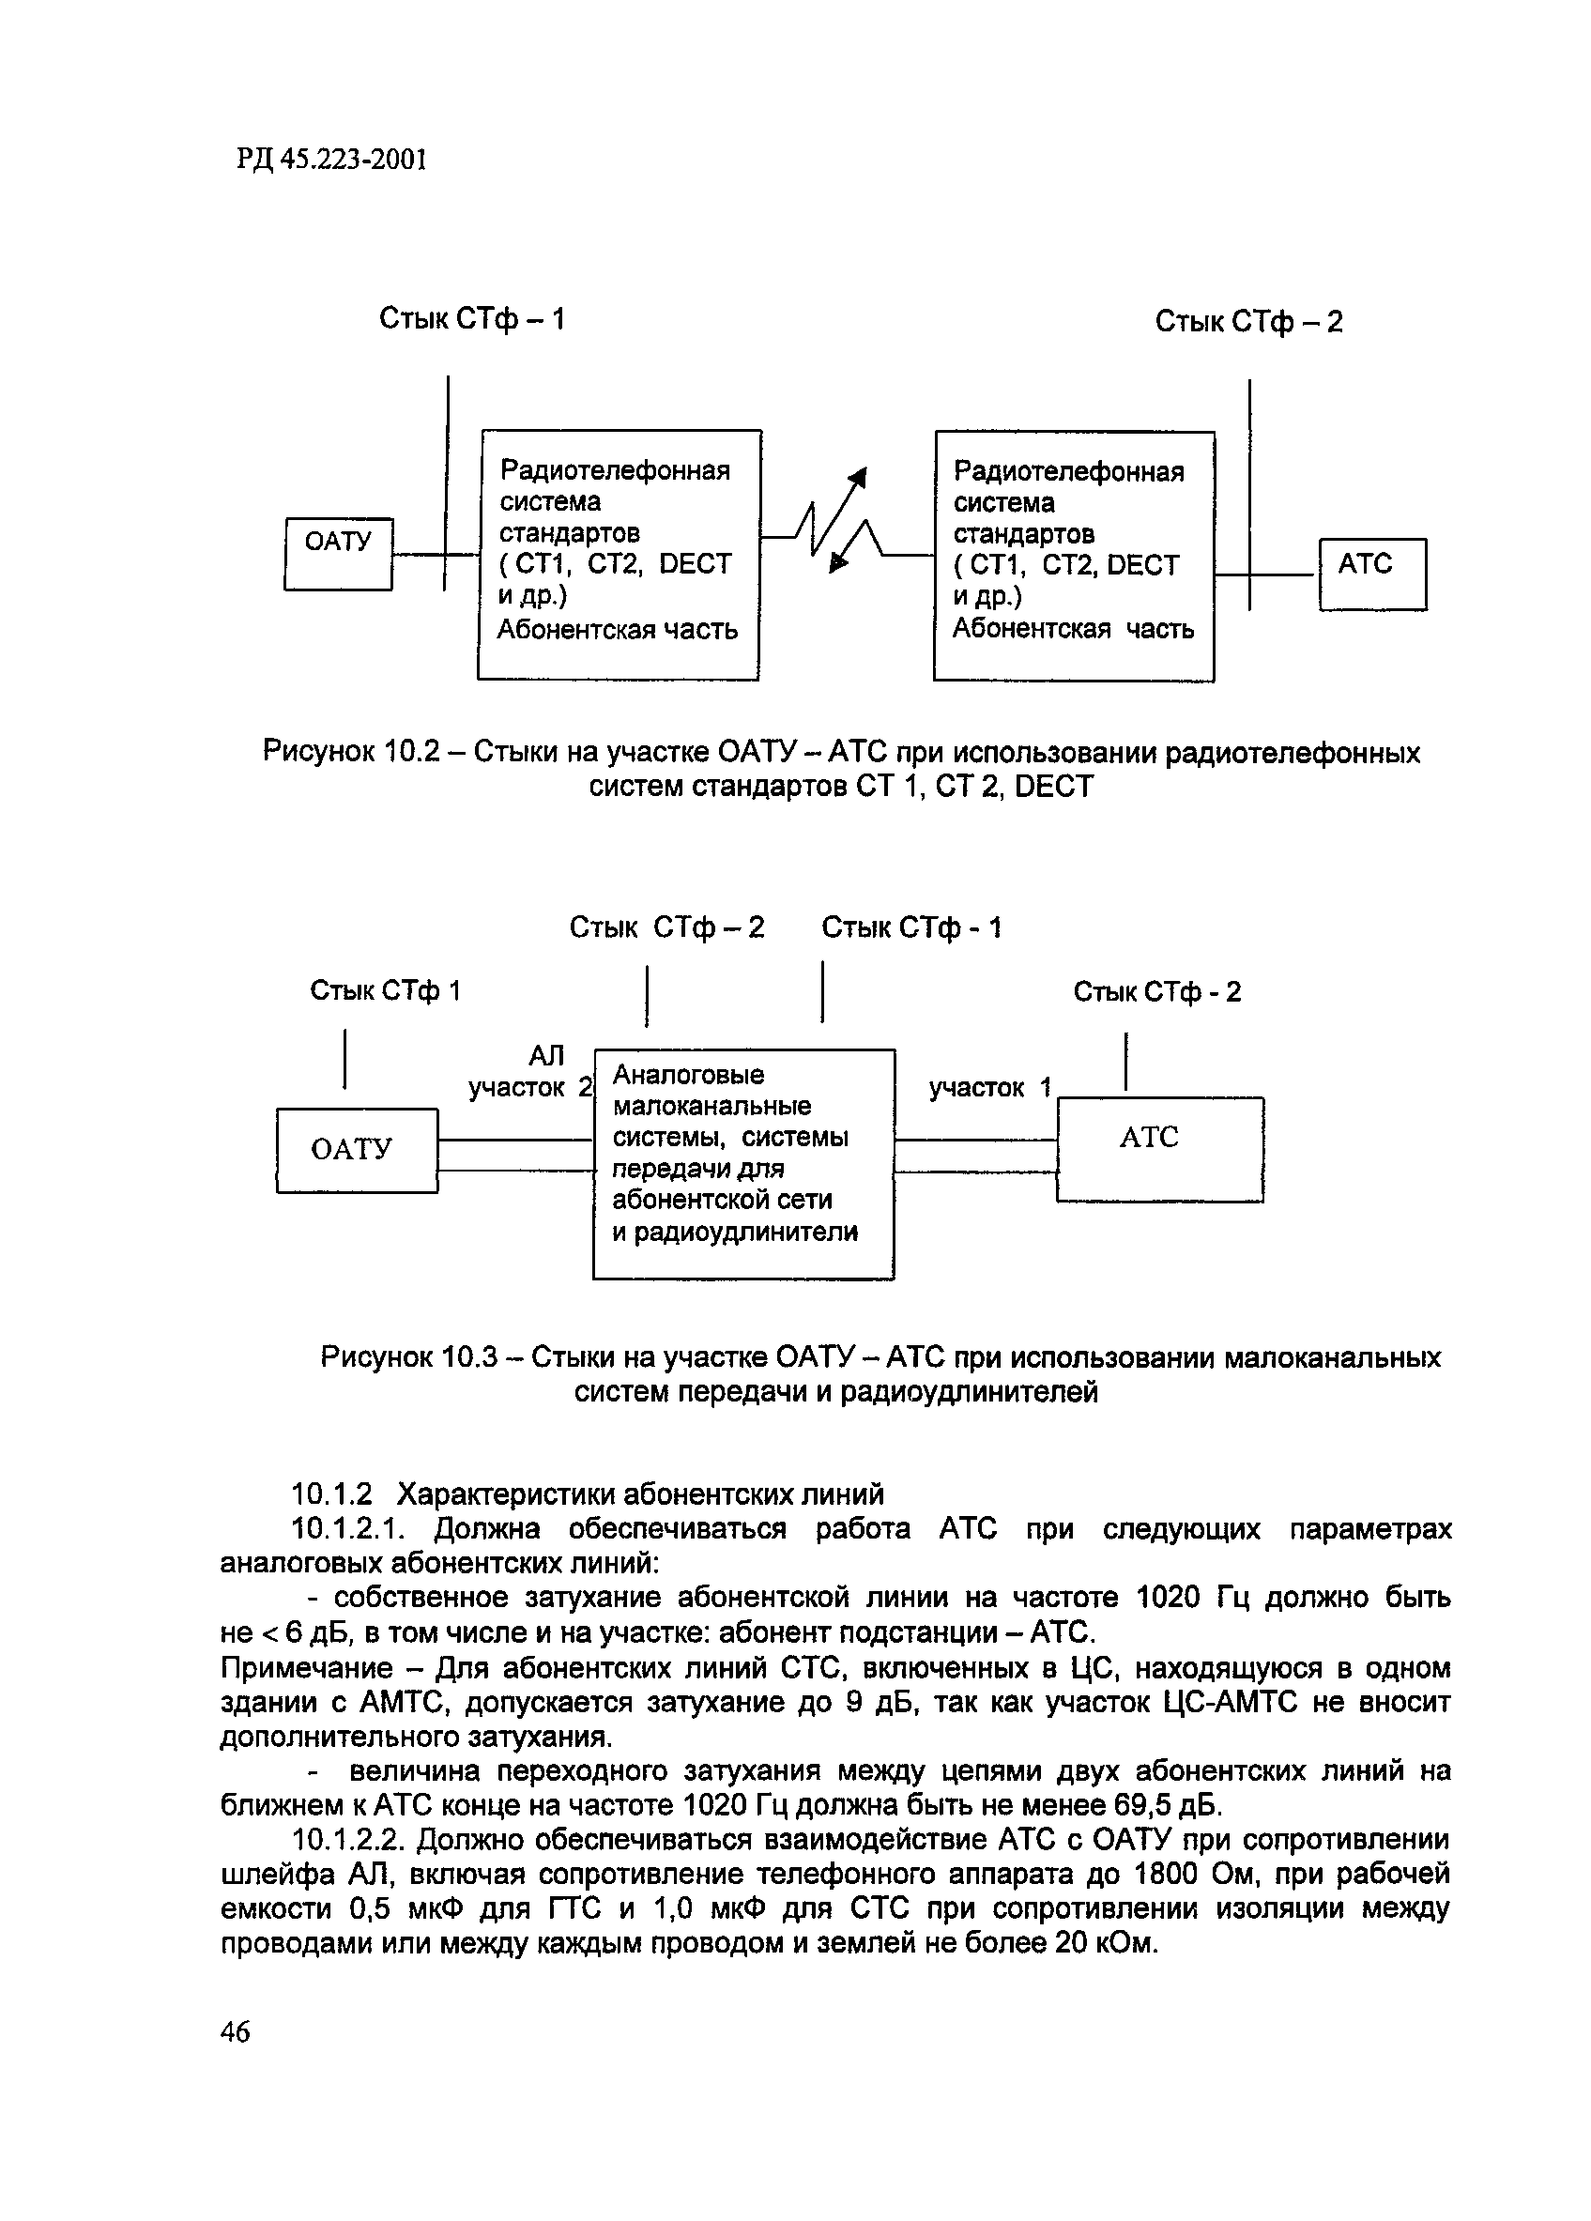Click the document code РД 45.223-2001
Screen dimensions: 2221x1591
(x=331, y=160)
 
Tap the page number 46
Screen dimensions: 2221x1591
(x=235, y=2032)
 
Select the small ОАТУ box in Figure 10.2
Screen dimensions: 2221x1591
(x=338, y=553)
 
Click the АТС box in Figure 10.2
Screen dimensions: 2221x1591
(x=1371, y=574)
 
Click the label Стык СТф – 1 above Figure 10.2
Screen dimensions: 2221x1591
(x=472, y=319)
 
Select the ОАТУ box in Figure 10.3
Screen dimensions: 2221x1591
(x=357, y=1150)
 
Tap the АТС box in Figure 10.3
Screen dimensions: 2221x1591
(x=1159, y=1149)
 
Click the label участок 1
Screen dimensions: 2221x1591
(x=990, y=1087)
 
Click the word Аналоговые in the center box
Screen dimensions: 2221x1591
(x=688, y=1075)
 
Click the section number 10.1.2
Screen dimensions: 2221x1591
(x=332, y=1494)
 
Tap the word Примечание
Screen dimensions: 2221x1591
(x=306, y=1667)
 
